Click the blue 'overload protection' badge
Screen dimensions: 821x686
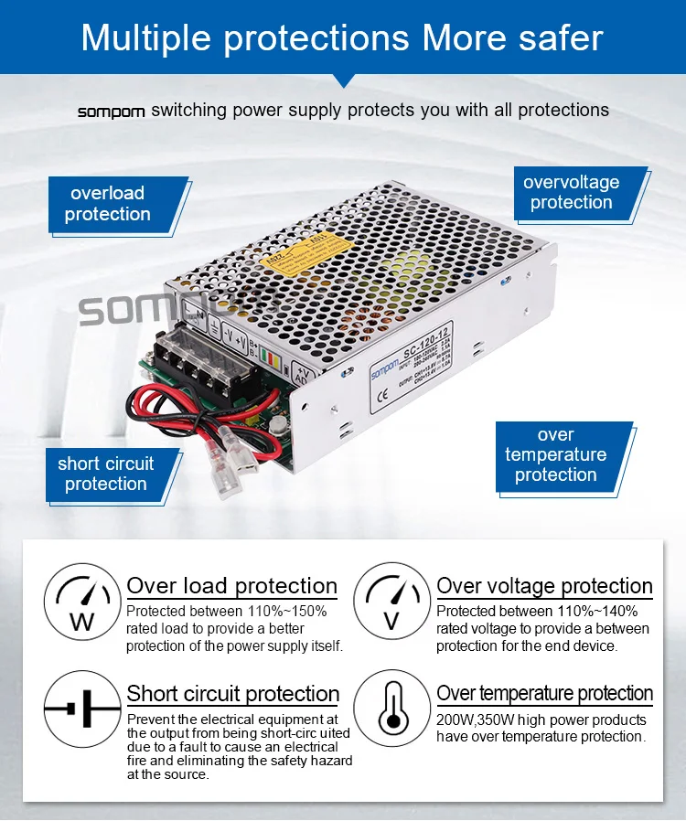(x=108, y=204)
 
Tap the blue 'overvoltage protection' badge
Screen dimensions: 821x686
(x=572, y=192)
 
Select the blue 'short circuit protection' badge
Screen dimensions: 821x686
(x=106, y=474)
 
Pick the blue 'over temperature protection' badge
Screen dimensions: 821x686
(x=556, y=455)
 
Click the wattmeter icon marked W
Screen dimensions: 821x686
(x=82, y=600)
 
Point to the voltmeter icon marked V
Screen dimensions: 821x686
(x=392, y=600)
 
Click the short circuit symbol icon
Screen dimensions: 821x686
(x=82, y=709)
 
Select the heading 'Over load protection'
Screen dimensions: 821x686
(x=231, y=586)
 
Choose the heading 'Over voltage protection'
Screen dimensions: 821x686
(x=544, y=586)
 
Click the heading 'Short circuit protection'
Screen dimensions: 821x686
(x=233, y=694)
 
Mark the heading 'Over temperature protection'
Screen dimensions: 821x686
(x=544, y=694)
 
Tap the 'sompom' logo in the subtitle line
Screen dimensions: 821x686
(x=112, y=112)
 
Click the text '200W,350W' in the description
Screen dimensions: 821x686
(x=476, y=720)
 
